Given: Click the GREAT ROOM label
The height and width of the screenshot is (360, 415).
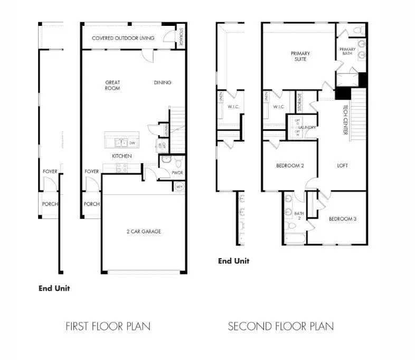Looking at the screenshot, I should (112, 85).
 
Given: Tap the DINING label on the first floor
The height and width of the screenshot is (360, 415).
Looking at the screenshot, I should (163, 82).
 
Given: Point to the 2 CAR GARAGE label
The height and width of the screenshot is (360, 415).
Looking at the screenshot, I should (144, 231).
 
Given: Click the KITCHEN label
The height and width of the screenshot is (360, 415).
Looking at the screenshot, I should (121, 156).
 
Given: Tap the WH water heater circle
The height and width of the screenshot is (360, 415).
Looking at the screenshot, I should (179, 186).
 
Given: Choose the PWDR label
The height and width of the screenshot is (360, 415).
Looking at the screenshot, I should (177, 173).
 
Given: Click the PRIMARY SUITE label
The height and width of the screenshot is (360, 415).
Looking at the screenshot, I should (300, 56).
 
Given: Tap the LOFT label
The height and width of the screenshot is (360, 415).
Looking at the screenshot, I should (343, 165).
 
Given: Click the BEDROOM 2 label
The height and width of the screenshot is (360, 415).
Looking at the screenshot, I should (289, 165).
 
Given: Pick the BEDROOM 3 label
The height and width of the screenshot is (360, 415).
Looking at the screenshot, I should (342, 219).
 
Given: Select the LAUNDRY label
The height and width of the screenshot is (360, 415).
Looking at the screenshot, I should (307, 128).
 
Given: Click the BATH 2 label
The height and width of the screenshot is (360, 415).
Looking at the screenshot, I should (297, 215).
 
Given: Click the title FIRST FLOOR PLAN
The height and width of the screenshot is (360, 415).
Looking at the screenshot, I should (108, 326).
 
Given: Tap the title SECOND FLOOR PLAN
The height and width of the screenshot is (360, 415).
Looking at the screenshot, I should (280, 326).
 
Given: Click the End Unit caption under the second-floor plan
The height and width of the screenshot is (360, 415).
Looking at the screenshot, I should (233, 261).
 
